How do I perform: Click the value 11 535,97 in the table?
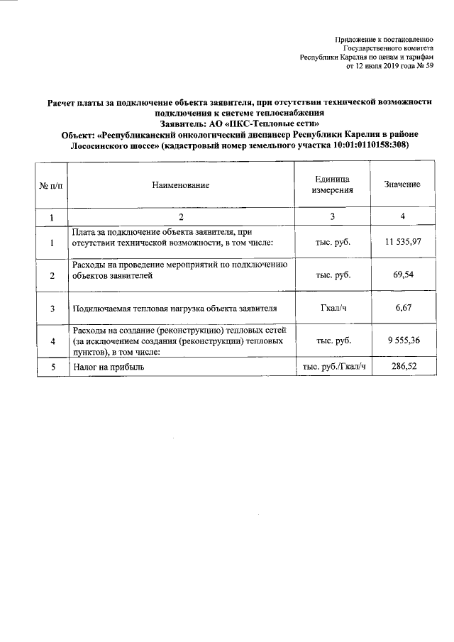click(x=403, y=243)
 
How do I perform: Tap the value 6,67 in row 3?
click(x=403, y=308)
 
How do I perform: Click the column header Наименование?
click(x=180, y=185)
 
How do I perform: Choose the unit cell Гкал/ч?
click(x=333, y=308)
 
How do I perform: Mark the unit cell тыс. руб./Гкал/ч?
click(x=333, y=367)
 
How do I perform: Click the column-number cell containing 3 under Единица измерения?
click(x=333, y=216)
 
